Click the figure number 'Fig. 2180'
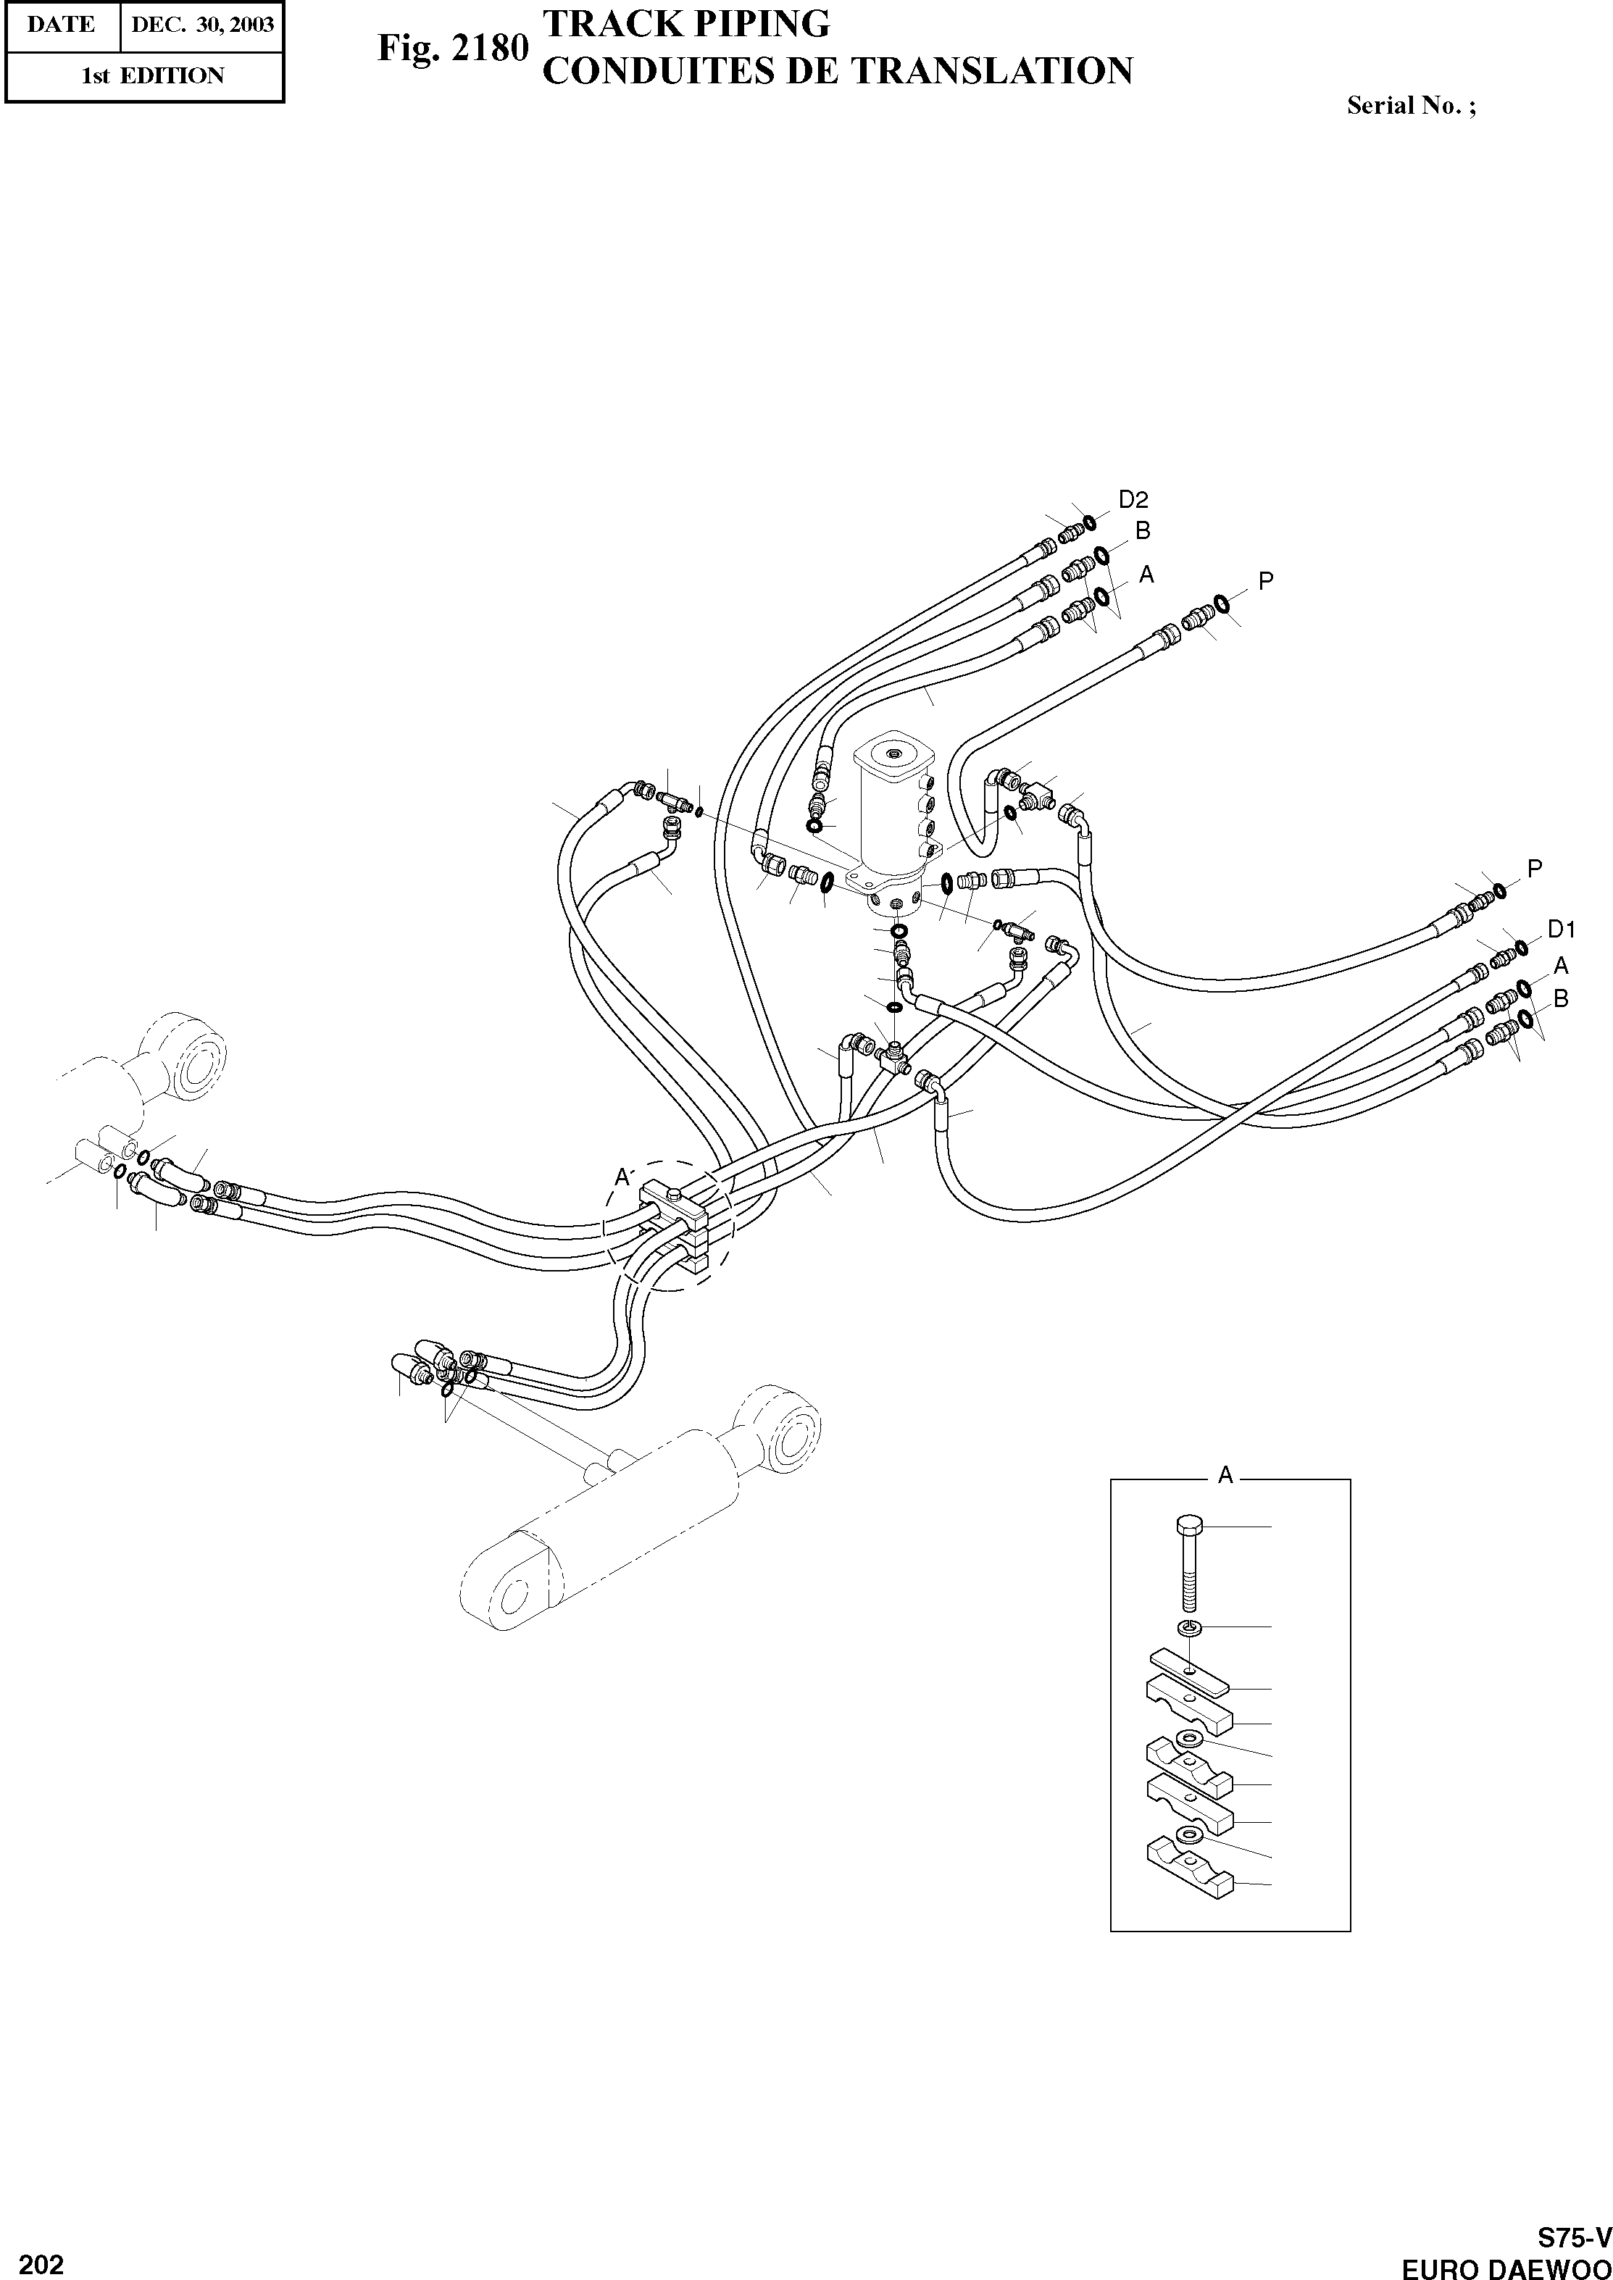point(452,49)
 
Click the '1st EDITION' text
point(152,75)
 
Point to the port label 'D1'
point(1562,930)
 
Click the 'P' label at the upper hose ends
point(1265,581)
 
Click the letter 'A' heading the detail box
point(1225,1477)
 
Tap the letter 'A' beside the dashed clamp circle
point(622,1178)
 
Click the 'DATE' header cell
point(62,25)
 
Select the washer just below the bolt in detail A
point(1189,1627)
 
